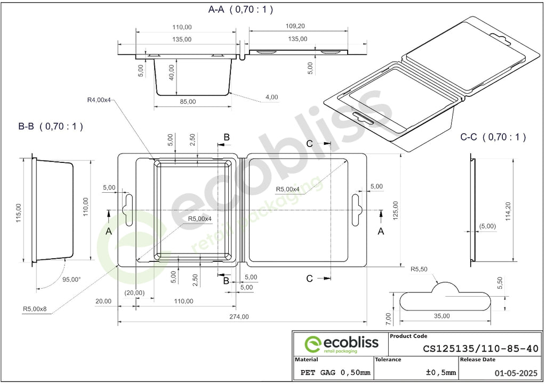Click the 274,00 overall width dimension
point(239,317)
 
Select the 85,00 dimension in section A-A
point(188,102)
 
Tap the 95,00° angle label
point(72,279)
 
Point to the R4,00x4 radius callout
point(99,100)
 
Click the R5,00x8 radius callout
point(35,309)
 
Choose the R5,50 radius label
point(419,269)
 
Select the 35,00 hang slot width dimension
point(442,316)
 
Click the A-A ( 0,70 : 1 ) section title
point(240,10)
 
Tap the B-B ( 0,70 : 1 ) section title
point(51,126)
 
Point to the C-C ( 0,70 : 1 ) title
point(493,137)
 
